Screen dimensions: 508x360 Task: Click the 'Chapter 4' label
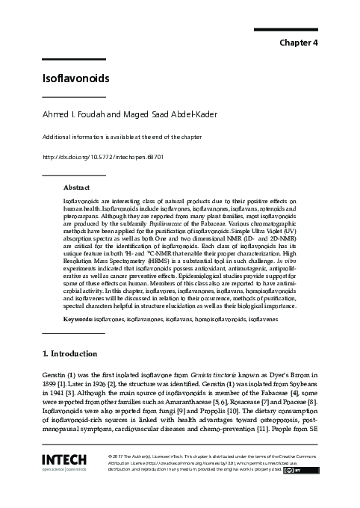(x=299, y=43)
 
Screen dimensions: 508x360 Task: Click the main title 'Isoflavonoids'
(x=75, y=78)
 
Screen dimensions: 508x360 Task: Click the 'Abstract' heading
(x=77, y=188)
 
